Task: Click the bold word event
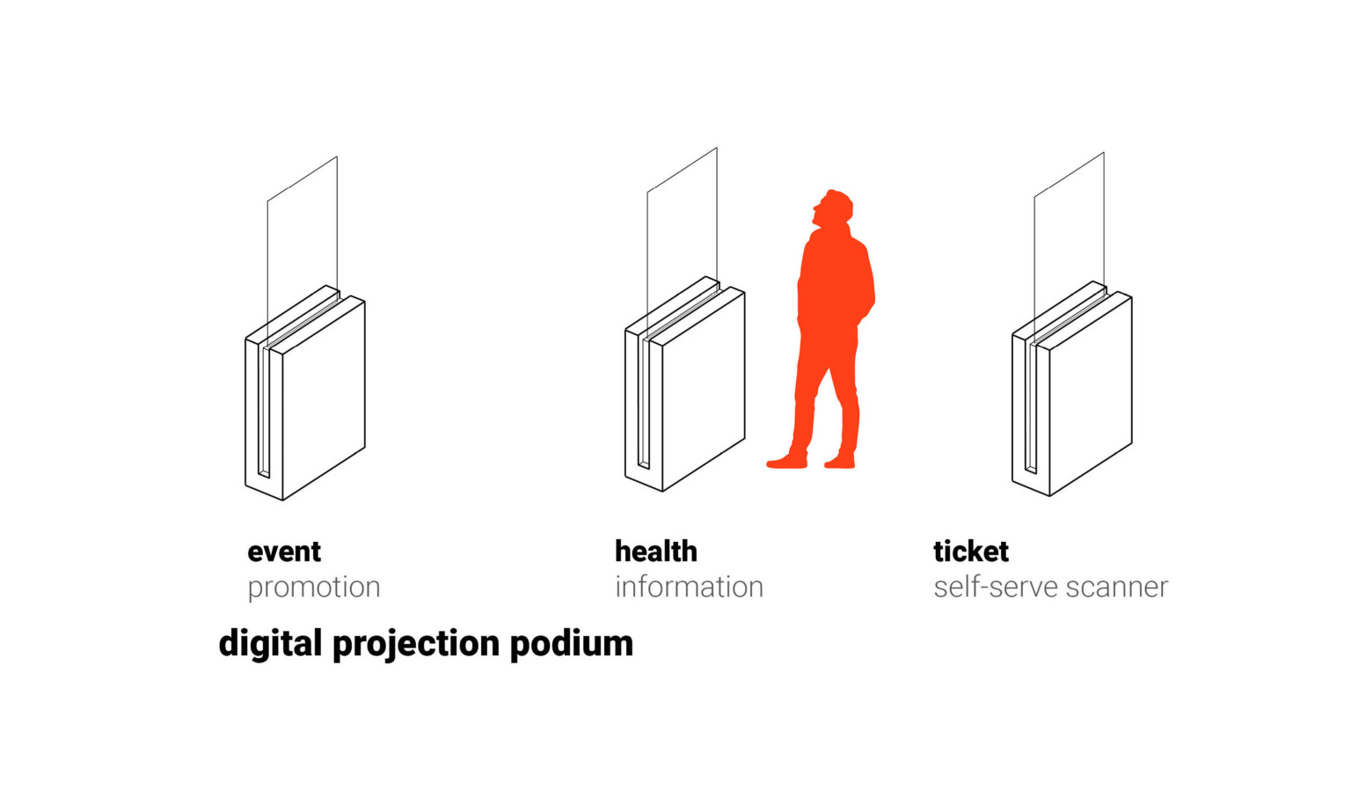(x=284, y=552)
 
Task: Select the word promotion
(x=313, y=587)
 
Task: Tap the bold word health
(x=655, y=552)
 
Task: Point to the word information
(x=689, y=587)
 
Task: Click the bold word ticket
(x=970, y=552)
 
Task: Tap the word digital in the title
(x=270, y=644)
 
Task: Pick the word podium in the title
(x=571, y=644)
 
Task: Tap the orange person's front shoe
(x=786, y=461)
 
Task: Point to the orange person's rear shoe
(x=840, y=461)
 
